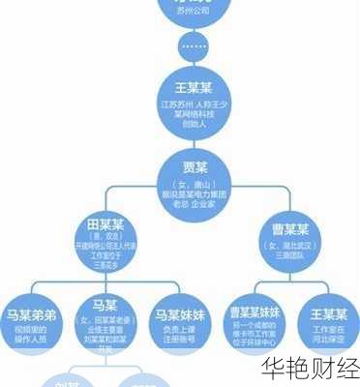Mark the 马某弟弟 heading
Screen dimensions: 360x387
[31, 313]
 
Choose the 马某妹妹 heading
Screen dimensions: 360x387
[180, 313]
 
